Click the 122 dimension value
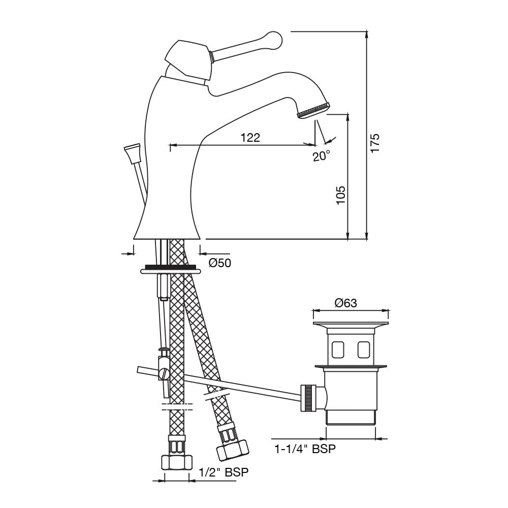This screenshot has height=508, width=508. click(x=250, y=137)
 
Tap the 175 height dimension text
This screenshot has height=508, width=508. click(x=374, y=144)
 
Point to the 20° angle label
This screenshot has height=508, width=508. click(x=321, y=156)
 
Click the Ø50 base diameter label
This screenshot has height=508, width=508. click(x=220, y=263)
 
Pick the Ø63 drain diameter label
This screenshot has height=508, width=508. click(x=345, y=303)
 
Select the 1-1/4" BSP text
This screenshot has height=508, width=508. click(x=304, y=449)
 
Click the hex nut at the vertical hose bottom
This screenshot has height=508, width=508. click(x=176, y=462)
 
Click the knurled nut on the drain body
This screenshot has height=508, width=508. click(x=308, y=398)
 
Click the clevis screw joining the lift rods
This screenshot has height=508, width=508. click(x=163, y=374)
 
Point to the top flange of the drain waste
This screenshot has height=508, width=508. click(x=351, y=324)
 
